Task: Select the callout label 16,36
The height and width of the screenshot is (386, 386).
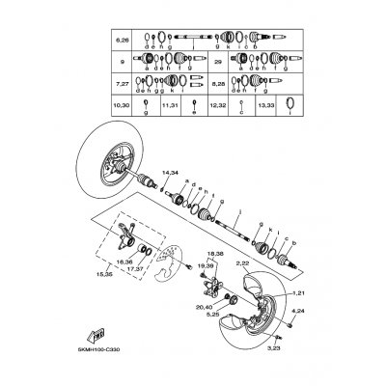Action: click(x=125, y=261)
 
